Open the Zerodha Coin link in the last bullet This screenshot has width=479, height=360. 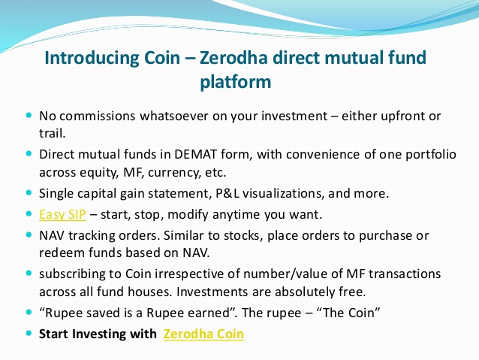tap(203, 334)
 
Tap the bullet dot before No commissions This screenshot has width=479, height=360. tap(29, 116)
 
